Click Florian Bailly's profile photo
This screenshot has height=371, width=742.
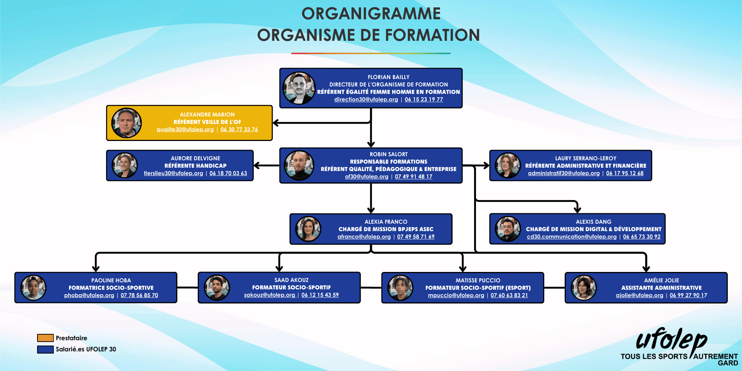coord(299,88)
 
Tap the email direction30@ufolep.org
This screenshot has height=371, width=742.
coord(366,99)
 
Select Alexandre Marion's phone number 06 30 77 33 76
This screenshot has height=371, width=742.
coord(239,129)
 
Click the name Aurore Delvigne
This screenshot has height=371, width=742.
coord(195,158)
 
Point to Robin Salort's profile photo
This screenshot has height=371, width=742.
coord(299,165)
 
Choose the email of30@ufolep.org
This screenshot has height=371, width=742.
coord(367,177)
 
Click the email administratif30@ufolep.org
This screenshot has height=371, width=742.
coord(564,173)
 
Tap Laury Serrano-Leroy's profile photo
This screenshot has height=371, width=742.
coord(508,165)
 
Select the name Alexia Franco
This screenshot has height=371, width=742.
coord(386,222)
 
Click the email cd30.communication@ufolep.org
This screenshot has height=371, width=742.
coord(571,237)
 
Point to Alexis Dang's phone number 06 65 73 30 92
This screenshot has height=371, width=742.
coord(641,237)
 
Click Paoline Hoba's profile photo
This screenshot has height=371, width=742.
coord(33,288)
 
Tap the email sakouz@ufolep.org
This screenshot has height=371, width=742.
coord(269,295)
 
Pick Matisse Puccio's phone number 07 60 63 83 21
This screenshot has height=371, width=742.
coord(509,295)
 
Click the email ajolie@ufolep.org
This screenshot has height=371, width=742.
coord(639,295)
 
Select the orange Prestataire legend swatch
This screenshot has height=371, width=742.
coord(45,338)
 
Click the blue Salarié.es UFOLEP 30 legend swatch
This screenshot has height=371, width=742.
coord(45,349)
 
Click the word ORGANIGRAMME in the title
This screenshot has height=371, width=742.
coord(371,14)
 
